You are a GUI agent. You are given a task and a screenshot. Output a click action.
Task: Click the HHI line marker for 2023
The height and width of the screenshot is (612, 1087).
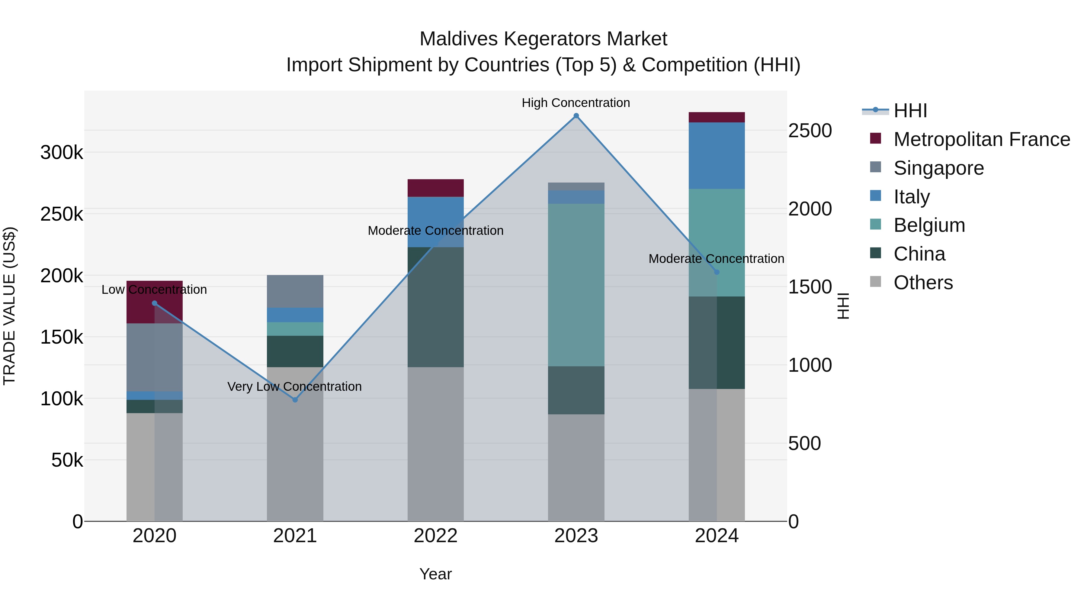pos(576,116)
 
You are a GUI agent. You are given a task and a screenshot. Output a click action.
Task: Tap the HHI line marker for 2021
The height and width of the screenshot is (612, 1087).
pos(295,400)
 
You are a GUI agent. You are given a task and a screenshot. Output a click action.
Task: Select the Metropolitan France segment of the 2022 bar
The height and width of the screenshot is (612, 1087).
pos(435,188)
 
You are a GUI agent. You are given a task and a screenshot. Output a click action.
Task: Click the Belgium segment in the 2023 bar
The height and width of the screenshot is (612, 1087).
pos(576,285)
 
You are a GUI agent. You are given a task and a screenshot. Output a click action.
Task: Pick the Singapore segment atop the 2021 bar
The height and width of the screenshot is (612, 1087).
pos(295,291)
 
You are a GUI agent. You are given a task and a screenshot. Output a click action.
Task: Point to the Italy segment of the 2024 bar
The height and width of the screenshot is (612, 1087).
pos(717,155)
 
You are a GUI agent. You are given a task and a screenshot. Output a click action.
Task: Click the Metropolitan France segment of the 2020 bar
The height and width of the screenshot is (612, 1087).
pos(154,302)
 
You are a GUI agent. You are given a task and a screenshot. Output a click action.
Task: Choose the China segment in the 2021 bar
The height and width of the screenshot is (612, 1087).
pos(295,351)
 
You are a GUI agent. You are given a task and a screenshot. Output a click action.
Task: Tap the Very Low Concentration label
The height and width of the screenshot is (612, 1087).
pos(294,387)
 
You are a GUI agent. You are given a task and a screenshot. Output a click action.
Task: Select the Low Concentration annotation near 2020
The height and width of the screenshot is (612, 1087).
pos(154,290)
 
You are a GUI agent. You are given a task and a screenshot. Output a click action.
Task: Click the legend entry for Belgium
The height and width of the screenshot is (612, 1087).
pos(929,225)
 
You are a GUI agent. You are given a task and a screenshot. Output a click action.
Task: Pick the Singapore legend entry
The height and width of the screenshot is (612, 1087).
pos(938,168)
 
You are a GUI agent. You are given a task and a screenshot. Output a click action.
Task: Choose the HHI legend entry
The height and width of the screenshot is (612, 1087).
pos(910,111)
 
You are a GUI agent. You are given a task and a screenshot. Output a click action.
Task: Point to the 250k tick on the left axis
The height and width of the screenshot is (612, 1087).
pos(62,214)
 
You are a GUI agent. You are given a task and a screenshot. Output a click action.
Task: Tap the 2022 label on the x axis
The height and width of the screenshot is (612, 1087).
pos(435,536)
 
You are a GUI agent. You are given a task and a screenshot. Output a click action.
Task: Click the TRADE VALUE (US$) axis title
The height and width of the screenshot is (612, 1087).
pos(9,306)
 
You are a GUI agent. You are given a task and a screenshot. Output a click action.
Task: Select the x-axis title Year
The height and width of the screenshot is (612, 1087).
pos(435,574)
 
